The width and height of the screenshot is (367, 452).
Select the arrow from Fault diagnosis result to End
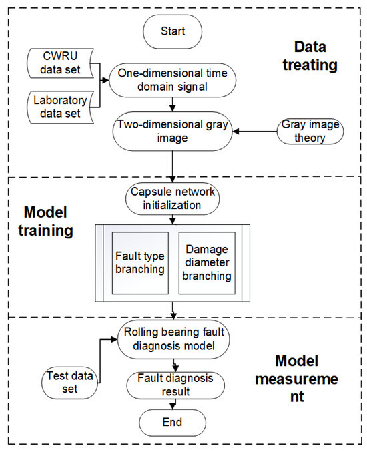coord(173,403)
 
